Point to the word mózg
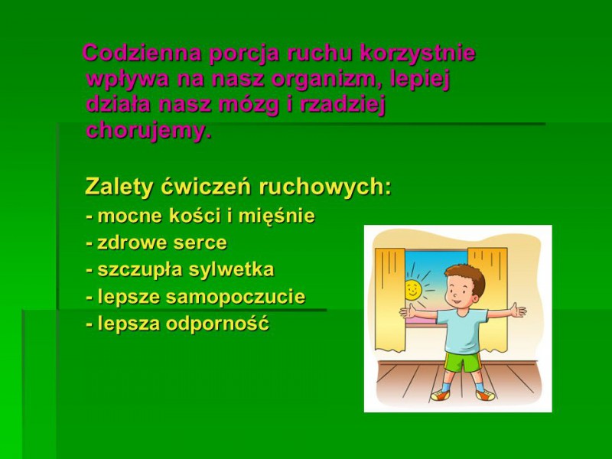(x=249, y=106)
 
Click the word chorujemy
(x=148, y=131)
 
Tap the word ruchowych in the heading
(x=324, y=187)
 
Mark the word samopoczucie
(x=236, y=298)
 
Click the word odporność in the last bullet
(x=217, y=324)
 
